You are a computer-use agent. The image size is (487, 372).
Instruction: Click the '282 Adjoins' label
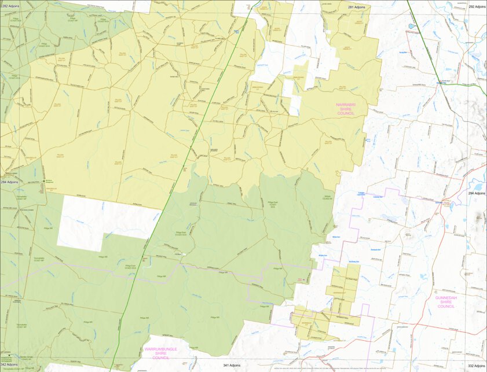click(x=10, y=6)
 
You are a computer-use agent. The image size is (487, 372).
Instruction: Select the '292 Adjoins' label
click(x=476, y=6)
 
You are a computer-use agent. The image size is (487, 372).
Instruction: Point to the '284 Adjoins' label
click(x=9, y=182)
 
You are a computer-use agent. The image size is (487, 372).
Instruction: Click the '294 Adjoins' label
click(x=477, y=193)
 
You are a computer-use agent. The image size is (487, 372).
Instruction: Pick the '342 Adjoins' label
click(x=9, y=364)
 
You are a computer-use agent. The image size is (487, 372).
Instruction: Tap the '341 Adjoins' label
click(x=233, y=365)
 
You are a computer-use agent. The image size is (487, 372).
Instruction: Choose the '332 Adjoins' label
click(x=477, y=366)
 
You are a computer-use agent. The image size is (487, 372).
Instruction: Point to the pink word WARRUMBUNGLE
click(x=161, y=349)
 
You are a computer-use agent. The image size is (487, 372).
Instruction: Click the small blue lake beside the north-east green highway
click(x=411, y=27)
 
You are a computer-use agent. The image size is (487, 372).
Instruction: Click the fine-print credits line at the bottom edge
click(x=324, y=368)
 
